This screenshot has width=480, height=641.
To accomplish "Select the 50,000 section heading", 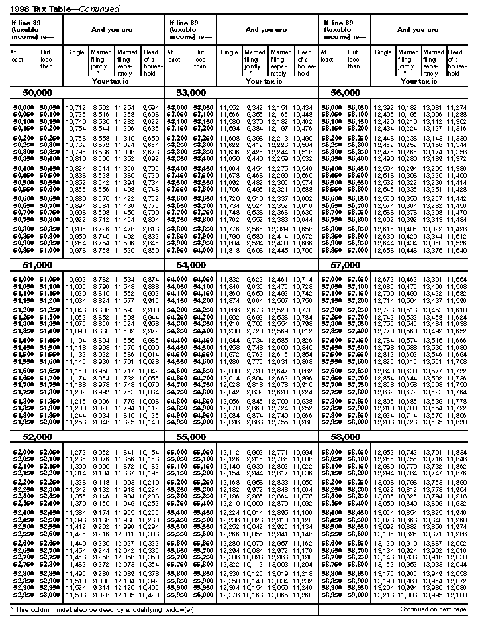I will point(38,93).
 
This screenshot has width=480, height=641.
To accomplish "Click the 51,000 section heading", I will point(37,264).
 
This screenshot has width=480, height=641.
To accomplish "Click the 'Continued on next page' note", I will point(433,609).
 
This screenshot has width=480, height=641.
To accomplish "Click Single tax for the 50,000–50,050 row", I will point(76,107).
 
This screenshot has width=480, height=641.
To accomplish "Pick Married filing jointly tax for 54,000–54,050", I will point(253,279).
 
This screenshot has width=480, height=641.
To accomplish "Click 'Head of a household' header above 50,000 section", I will point(150,62).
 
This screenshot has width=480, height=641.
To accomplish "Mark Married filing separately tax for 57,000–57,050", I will point(434,279).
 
